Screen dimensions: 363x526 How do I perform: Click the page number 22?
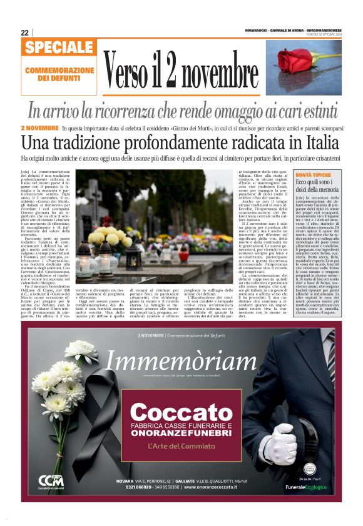point(24,32)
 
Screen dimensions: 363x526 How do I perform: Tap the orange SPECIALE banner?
point(59,47)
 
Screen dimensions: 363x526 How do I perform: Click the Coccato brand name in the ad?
point(181,413)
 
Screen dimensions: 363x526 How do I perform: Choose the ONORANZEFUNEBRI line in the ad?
point(181,434)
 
